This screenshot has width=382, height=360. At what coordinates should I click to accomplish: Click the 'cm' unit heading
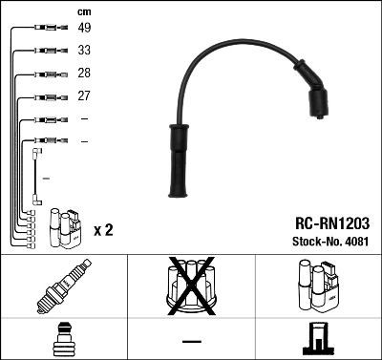click(82, 11)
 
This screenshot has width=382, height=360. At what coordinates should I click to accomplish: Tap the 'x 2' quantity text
click(104, 231)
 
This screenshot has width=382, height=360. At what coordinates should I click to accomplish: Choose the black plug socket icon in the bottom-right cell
click(318, 338)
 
